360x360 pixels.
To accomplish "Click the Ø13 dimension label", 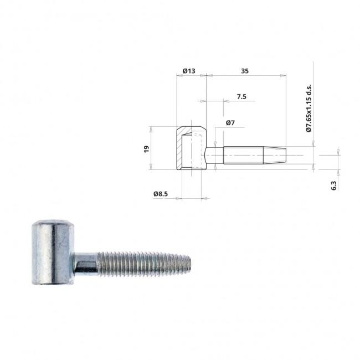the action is (189, 71).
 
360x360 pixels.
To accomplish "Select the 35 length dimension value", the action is (245, 71).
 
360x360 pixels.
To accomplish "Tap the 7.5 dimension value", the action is (241, 97).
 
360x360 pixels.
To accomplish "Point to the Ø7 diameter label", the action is (230, 123).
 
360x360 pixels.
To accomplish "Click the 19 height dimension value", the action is (146, 149).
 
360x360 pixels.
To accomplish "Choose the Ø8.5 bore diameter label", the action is (161, 194).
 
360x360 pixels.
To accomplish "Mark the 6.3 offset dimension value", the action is (334, 186).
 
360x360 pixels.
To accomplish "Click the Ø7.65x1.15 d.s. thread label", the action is (309, 108).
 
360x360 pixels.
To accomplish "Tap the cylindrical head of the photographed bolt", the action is (53, 253).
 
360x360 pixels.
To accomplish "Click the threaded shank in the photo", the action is (144, 263).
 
